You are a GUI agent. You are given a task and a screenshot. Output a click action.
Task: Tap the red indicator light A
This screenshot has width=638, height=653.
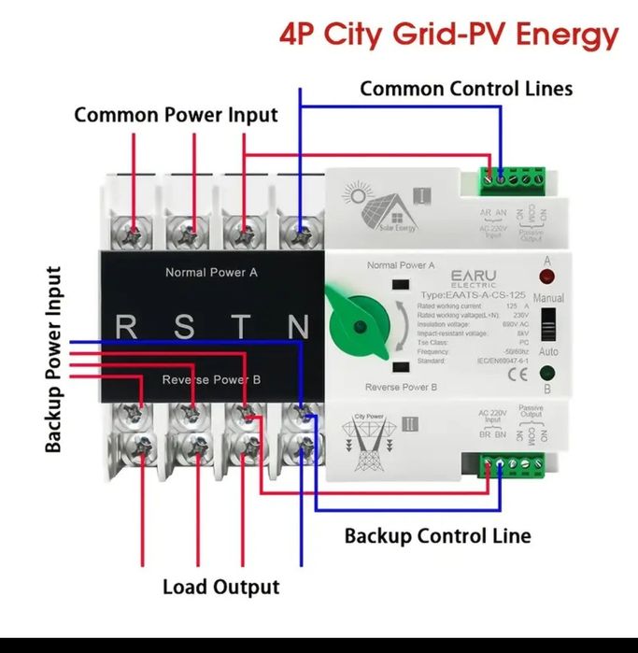point(546,277)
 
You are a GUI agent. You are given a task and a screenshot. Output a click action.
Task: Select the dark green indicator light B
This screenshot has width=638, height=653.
point(546,376)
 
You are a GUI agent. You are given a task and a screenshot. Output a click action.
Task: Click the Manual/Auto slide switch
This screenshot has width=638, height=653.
point(548,327)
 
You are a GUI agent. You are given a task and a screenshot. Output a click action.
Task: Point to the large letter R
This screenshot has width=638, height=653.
point(127,328)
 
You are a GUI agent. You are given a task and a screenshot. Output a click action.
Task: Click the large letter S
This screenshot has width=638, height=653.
point(185,328)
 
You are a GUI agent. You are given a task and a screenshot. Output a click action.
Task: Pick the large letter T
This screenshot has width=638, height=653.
point(242,328)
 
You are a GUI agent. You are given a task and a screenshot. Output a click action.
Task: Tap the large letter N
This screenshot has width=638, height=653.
point(298,328)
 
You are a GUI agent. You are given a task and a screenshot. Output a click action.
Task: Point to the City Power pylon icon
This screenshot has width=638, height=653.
point(368,435)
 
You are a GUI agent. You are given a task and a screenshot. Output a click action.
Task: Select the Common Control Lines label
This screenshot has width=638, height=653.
point(466,89)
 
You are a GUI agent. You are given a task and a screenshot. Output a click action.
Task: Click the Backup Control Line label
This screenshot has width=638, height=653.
point(437,536)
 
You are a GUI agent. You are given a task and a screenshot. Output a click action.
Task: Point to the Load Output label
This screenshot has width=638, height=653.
point(220,587)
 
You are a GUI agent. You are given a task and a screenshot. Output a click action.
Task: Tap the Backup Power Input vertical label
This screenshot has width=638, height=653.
point(54,360)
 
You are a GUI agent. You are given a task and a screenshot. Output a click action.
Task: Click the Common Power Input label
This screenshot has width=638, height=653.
point(176,115)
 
